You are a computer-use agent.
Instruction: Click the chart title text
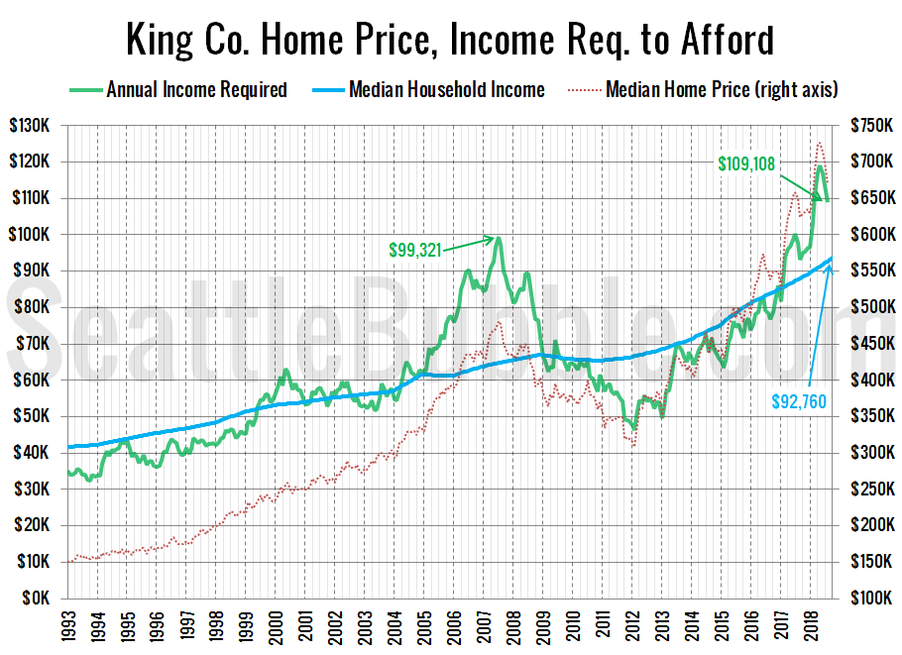[x=450, y=41]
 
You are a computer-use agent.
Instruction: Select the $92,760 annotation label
[x=800, y=400]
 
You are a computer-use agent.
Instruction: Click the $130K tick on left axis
[x=38, y=126]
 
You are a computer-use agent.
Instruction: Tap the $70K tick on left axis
[x=41, y=344]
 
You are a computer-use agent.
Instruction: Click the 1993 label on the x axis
[x=67, y=625]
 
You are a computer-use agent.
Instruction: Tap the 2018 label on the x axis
[x=811, y=625]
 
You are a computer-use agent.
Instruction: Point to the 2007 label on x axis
[x=484, y=625]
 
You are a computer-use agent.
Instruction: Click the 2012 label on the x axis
[x=632, y=625]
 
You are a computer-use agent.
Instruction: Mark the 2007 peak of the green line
[x=499, y=237]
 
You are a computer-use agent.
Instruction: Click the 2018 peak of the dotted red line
[x=819, y=143]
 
